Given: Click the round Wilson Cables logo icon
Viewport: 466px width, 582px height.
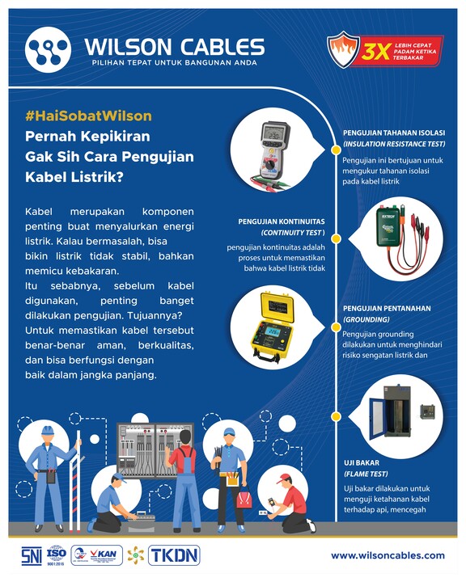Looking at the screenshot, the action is coord(49,50).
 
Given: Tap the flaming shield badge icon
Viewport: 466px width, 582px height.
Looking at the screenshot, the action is coord(341,50).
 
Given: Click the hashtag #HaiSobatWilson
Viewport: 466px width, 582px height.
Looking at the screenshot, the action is coord(88,116).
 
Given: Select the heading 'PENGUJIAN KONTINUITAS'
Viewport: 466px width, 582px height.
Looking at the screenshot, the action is coord(282,220).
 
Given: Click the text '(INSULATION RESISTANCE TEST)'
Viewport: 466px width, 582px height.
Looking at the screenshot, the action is coord(394,145).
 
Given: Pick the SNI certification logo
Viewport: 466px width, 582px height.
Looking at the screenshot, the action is coord(31,555).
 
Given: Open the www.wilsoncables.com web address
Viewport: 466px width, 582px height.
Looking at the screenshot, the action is coord(388,555).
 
